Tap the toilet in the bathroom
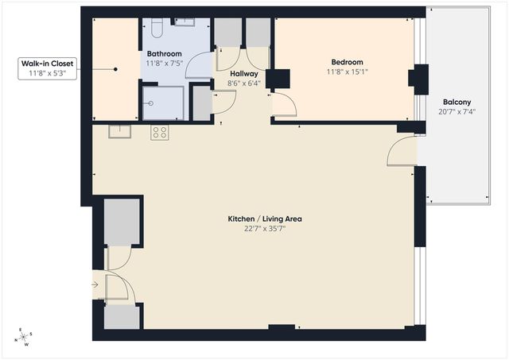(157, 29)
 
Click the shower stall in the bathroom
(163, 103)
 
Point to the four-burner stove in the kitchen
(160, 133)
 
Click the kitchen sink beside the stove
(119, 131)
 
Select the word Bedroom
(348, 62)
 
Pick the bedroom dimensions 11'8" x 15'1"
(348, 72)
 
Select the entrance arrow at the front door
(96, 282)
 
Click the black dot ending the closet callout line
(116, 69)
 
